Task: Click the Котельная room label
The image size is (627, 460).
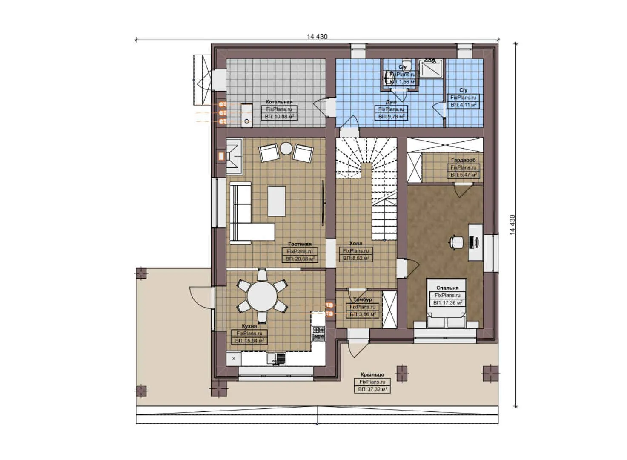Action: click(x=279, y=102)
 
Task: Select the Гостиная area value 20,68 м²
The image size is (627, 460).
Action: click(x=300, y=259)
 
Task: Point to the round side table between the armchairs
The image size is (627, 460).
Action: click(x=286, y=148)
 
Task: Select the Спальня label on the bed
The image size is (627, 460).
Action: click(x=447, y=288)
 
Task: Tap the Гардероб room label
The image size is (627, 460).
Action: click(x=463, y=160)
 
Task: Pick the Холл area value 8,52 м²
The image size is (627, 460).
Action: click(x=356, y=258)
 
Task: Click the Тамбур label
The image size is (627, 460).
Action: click(x=362, y=299)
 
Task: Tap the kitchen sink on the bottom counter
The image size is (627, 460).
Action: click(x=276, y=359)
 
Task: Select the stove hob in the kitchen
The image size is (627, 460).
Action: click(x=318, y=333)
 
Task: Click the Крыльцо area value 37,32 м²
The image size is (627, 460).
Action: click(x=372, y=389)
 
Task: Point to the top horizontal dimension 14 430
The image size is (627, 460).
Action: click(x=317, y=37)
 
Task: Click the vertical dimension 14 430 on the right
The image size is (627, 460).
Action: click(x=512, y=224)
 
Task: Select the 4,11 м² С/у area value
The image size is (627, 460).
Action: click(x=464, y=104)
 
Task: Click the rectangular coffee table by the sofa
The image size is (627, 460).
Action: click(x=277, y=201)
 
